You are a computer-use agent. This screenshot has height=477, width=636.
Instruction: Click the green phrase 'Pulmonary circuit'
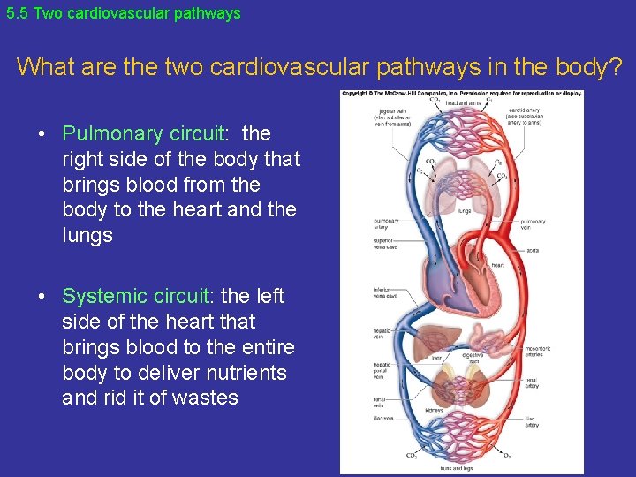tap(145, 133)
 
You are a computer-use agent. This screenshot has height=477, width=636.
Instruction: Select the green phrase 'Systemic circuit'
tap(135, 296)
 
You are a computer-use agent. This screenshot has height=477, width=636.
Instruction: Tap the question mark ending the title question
tap(615, 66)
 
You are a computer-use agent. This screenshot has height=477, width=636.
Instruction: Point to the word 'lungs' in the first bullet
tap(87, 235)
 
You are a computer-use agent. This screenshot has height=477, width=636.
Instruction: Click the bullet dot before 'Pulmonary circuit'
tap(42, 134)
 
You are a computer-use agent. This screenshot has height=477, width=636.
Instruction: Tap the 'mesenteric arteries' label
tap(537, 351)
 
